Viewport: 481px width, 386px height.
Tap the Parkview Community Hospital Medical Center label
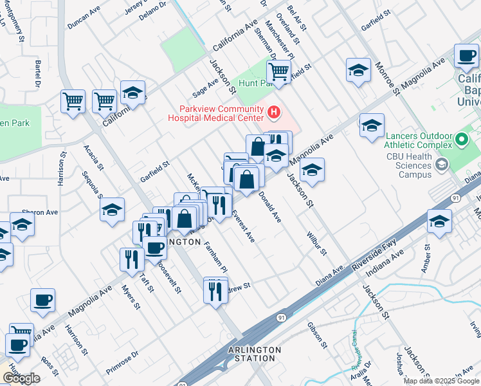click(x=215, y=113)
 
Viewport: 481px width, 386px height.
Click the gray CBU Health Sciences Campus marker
click(x=441, y=165)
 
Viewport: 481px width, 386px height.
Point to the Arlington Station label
click(x=255, y=354)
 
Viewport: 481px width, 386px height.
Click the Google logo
click(x=21, y=378)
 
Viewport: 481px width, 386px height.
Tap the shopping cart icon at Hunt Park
click(x=279, y=71)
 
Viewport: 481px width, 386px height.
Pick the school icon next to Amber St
click(x=440, y=223)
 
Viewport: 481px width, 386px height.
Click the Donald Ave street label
click(x=269, y=207)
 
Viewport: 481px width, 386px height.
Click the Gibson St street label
click(x=314, y=335)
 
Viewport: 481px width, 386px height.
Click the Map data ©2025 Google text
click(x=442, y=381)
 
